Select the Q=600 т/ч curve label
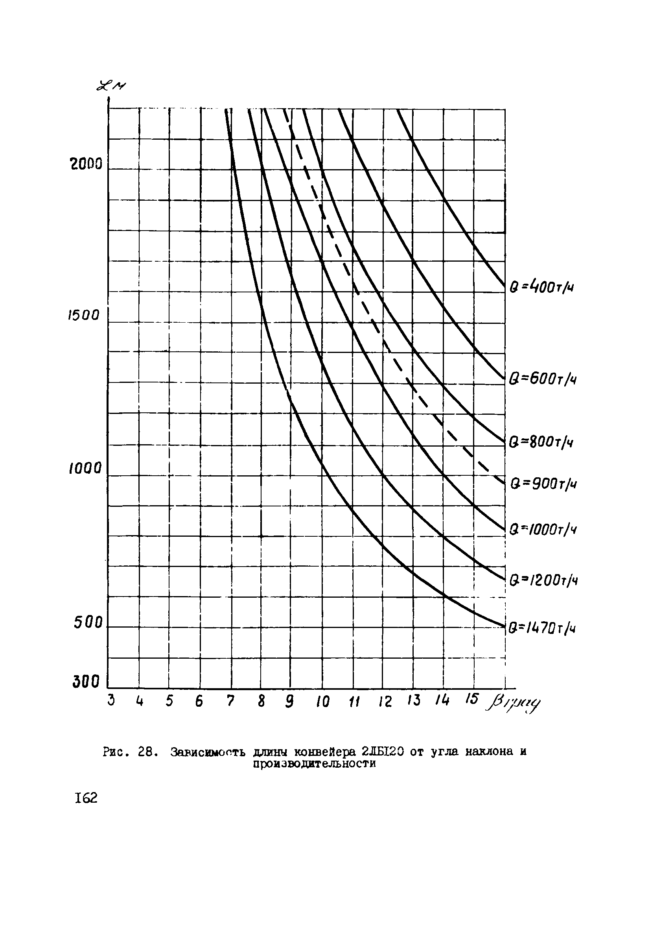542,379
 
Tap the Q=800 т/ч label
541,441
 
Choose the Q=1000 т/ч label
542,529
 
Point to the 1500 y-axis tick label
83,315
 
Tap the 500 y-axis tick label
88,623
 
